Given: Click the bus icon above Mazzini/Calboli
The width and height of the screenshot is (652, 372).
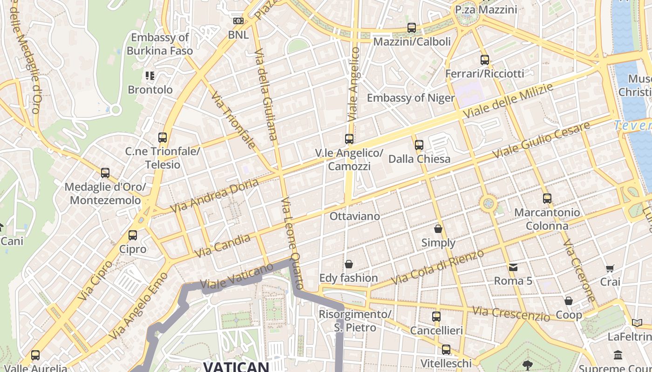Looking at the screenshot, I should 411,28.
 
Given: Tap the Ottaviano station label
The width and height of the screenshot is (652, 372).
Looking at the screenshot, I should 354,216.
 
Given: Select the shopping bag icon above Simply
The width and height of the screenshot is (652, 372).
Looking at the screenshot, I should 438,229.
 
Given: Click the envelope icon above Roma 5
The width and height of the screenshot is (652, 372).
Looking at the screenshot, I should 513,267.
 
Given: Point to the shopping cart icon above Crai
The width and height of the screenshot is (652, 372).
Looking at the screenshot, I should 610,268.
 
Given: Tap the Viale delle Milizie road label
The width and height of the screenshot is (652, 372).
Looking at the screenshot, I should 508,100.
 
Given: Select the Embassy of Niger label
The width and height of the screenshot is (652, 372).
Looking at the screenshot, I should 410,98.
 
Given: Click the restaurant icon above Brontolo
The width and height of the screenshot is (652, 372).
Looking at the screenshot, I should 149,75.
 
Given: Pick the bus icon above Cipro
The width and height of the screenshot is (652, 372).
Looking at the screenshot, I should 133,235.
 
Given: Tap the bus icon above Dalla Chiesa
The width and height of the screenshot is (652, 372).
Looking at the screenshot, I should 419,145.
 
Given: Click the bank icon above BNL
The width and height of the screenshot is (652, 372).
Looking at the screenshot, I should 238,21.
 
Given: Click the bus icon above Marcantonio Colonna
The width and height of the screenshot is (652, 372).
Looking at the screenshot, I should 547,199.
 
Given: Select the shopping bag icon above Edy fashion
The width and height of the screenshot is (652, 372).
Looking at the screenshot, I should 348,264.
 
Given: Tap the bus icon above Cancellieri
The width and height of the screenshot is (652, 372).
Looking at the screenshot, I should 436,317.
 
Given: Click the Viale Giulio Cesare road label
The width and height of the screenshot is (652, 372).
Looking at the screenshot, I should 541,139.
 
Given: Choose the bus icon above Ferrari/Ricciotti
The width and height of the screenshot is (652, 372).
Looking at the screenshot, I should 484,60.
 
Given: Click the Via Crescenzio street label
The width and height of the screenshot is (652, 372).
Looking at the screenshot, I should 511,313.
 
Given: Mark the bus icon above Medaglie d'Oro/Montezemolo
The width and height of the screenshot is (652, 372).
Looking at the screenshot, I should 105,173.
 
